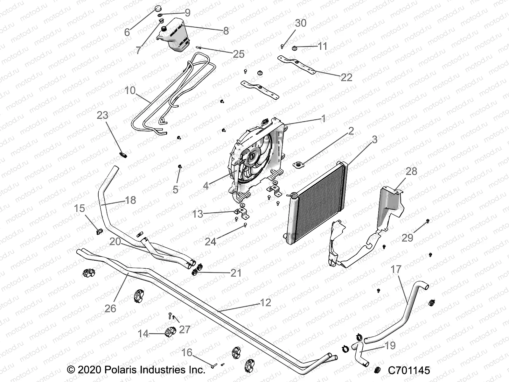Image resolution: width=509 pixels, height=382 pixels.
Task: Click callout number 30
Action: point(301,23)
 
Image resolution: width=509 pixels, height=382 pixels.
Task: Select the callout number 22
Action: point(346,77)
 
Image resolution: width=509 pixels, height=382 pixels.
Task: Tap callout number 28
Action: point(411,171)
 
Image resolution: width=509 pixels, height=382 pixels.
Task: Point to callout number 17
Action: point(396,270)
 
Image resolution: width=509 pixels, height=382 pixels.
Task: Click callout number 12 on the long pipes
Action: point(266,302)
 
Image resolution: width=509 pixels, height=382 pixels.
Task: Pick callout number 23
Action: point(102,115)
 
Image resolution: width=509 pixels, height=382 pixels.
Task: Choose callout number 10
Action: point(130,90)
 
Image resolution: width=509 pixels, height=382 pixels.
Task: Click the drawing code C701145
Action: point(409,370)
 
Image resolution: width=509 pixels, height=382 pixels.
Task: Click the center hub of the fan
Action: point(252,156)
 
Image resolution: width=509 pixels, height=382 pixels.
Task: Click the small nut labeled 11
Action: point(295,48)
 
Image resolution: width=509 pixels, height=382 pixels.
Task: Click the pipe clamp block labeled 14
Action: point(169,332)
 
